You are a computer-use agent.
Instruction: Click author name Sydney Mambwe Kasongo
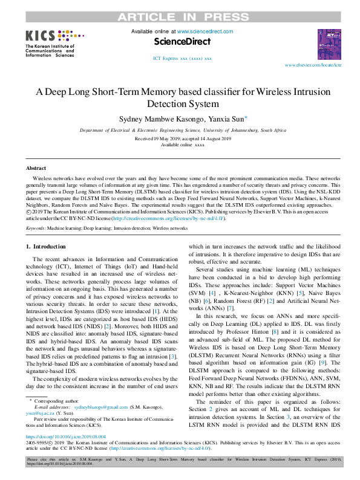pos(150,120)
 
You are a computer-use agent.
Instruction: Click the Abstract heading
pos(36,167)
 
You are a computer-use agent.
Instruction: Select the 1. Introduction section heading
pos(49,247)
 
